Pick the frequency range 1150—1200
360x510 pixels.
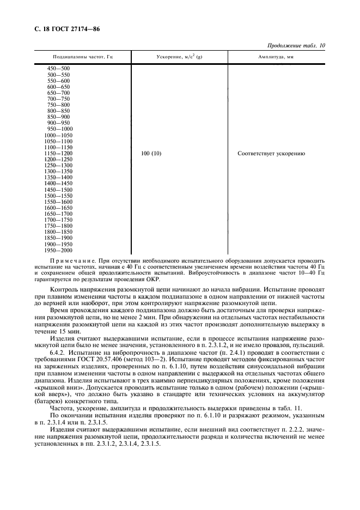point(58,153)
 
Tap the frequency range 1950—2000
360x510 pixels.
point(58,250)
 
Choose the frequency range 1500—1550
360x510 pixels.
point(58,196)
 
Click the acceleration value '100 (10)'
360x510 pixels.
point(151,154)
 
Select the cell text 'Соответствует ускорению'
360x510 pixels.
point(271,154)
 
